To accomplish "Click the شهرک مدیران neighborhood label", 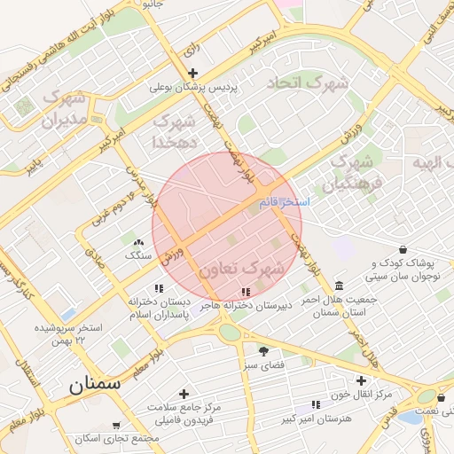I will (67, 107).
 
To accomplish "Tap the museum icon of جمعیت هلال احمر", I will (341, 286).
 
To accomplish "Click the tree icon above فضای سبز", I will (262, 351).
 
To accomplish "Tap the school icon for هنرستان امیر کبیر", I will (316, 404).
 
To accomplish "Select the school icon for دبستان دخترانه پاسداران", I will (159, 288).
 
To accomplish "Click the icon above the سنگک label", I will (137, 242).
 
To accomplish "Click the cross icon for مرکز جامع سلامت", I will (184, 394).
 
